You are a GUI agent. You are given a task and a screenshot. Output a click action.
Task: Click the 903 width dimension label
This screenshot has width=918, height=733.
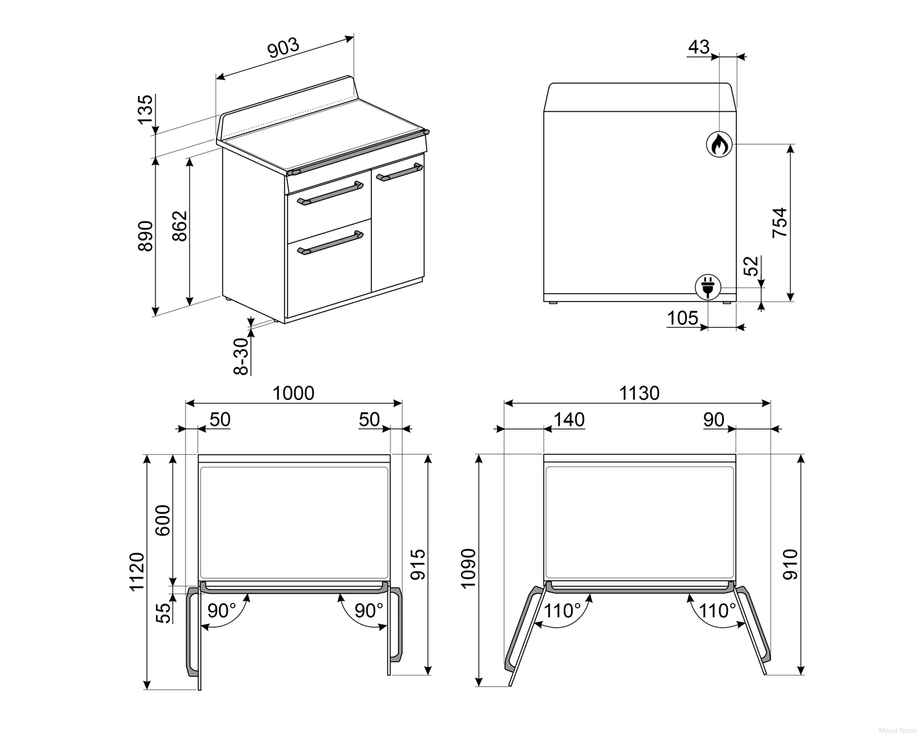tap(283, 48)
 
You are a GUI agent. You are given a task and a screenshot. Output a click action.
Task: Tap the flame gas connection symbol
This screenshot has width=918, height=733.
tap(719, 144)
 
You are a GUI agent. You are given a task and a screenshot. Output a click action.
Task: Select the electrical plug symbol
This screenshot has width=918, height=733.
tap(707, 287)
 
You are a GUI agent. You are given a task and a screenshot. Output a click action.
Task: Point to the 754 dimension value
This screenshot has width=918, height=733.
tap(779, 223)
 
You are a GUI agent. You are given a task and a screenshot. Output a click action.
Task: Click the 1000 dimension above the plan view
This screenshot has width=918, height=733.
tap(293, 393)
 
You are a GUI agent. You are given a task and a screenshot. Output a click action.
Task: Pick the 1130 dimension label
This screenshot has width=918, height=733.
tap(639, 393)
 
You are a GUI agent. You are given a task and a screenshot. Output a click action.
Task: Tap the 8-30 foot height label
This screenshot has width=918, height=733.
tap(241, 356)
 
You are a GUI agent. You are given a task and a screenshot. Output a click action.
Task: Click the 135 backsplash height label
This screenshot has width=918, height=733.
tap(145, 109)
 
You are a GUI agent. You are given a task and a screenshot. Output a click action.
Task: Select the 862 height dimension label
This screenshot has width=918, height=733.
tap(180, 226)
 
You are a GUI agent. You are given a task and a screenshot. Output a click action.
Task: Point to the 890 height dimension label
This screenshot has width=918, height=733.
tap(146, 236)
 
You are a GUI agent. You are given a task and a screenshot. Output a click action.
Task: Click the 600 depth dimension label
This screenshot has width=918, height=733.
tap(163, 520)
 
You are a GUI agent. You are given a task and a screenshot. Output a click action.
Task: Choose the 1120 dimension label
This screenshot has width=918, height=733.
tap(137, 572)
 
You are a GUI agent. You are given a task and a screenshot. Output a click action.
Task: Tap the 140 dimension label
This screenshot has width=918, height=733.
tap(569, 420)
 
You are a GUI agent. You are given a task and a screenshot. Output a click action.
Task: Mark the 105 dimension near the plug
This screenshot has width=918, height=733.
tap(682, 318)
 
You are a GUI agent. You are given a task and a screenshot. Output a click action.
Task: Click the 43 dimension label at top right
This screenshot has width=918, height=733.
tap(699, 47)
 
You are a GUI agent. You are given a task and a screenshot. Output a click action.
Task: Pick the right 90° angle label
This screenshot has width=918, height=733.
tap(369, 611)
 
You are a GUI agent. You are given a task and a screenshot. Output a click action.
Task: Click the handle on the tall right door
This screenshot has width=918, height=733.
tap(400, 172)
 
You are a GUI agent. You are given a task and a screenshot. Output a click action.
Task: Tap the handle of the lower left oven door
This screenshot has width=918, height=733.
tap(330, 243)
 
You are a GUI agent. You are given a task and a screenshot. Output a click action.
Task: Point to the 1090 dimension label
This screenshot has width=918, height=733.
tap(469, 569)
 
